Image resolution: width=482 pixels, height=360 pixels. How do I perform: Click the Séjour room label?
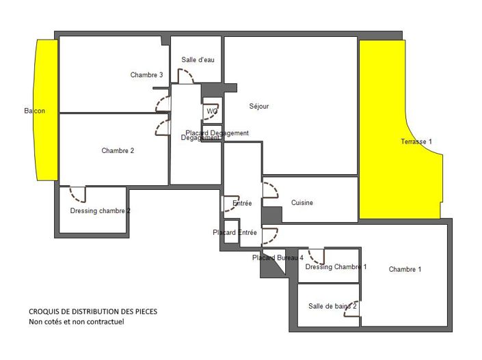(259, 106)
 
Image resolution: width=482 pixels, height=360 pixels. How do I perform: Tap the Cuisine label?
(302, 203)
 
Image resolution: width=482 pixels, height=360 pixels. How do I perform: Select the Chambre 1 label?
(405, 269)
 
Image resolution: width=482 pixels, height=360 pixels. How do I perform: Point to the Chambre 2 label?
(118, 151)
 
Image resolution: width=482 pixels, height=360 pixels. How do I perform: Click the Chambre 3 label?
(146, 75)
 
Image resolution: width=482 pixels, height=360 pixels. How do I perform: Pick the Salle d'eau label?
(198, 60)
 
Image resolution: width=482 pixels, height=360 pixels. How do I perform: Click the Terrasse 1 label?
(416, 141)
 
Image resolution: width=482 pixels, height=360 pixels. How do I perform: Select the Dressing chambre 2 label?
(100, 211)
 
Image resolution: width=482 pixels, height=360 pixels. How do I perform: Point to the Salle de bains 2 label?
(332, 306)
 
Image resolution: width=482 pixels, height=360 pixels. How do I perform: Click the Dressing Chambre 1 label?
(336, 267)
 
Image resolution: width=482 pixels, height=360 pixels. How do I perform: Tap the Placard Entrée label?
(235, 233)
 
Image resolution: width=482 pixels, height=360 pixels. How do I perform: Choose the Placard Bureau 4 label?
(277, 258)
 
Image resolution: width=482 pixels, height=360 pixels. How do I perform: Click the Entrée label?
(242, 204)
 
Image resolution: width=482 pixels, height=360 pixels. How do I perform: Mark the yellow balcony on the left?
(46, 109)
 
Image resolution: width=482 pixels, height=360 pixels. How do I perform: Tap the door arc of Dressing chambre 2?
(77, 195)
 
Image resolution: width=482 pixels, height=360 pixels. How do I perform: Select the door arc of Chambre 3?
(163, 104)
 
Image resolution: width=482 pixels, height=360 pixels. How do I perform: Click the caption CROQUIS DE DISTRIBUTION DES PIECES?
(92, 311)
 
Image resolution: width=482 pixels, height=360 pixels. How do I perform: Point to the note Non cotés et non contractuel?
(76, 322)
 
